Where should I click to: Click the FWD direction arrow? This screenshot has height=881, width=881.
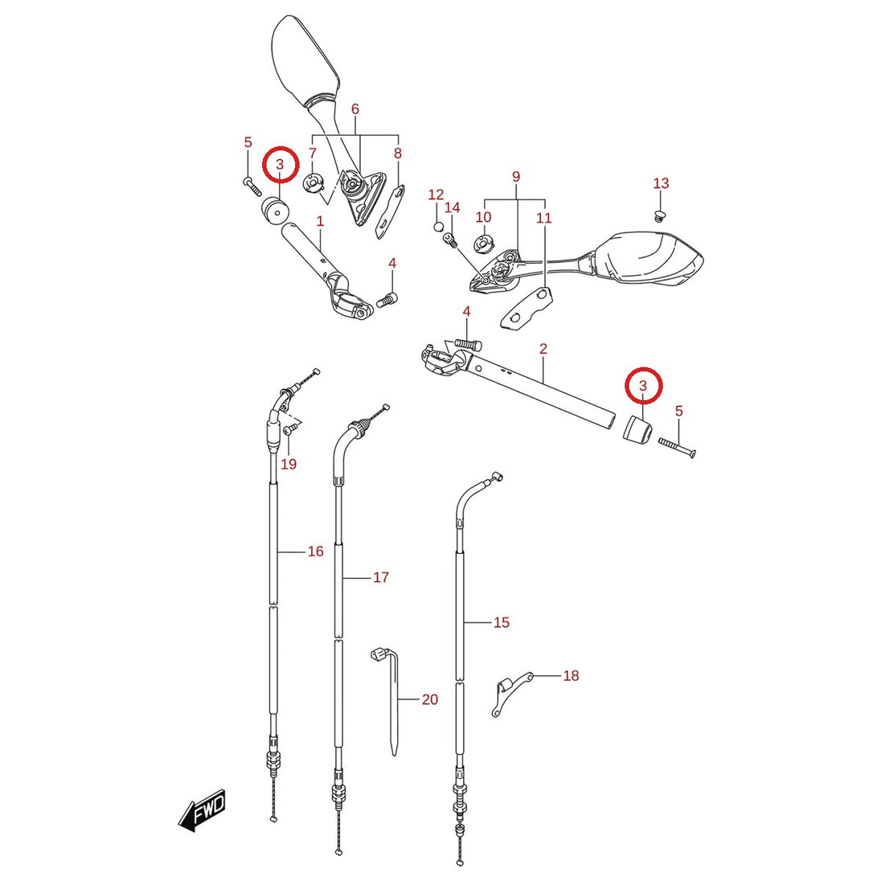point(202,811)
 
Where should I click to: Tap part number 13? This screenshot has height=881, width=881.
point(662,183)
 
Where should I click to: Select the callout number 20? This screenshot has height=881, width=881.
point(430,699)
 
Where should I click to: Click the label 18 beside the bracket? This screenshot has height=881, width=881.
point(571,675)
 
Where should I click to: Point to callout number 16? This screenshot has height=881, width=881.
point(316,551)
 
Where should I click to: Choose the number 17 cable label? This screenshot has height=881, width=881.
point(381,577)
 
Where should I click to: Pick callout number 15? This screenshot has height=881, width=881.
point(501,622)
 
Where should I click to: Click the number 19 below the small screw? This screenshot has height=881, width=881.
point(289,464)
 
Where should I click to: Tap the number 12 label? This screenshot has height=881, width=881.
point(436,195)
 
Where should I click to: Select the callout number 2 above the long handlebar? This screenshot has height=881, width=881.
point(543,349)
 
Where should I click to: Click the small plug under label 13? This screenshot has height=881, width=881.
point(660,215)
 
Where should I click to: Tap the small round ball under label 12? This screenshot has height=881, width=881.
point(438,227)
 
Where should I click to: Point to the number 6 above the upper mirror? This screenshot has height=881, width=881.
point(355,109)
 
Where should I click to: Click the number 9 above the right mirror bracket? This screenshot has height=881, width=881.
point(516,177)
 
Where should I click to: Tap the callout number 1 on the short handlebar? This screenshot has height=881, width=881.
point(320,221)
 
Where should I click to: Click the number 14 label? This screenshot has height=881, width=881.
point(453,208)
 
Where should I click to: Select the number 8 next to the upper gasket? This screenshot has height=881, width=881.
point(398,153)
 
